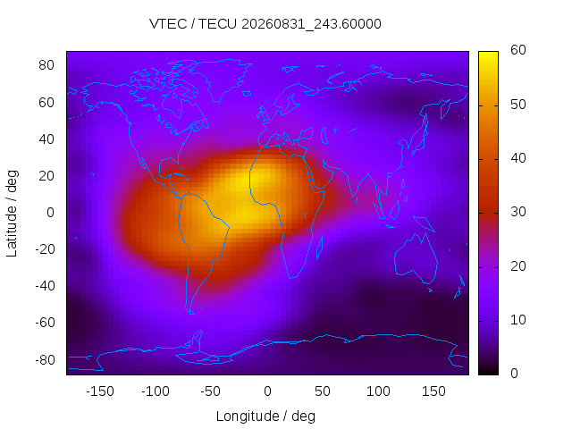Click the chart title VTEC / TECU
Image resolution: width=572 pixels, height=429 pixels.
(x=193, y=24)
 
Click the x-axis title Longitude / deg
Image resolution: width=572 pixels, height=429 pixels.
(x=265, y=416)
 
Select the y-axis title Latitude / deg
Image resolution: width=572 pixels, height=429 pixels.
(x=12, y=214)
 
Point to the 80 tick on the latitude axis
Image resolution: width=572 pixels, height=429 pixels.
(x=46, y=65)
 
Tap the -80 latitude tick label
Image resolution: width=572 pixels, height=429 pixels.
(x=45, y=360)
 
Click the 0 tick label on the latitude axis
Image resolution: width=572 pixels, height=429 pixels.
(x=50, y=213)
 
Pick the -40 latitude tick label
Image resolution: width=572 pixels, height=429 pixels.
(x=45, y=286)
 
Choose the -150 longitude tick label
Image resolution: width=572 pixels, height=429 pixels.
(x=100, y=391)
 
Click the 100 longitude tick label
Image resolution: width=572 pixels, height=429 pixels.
(x=378, y=391)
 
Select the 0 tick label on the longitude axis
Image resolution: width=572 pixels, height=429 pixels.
(x=267, y=391)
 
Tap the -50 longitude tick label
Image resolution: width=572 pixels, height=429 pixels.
(x=211, y=391)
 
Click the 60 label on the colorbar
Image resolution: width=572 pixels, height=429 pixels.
(x=518, y=50)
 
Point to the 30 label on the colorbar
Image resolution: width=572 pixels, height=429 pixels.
(x=518, y=212)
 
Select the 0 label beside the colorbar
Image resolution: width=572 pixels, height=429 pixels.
(x=514, y=374)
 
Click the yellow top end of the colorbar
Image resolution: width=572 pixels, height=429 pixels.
(x=488, y=54)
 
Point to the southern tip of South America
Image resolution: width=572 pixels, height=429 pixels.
(x=190, y=313)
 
